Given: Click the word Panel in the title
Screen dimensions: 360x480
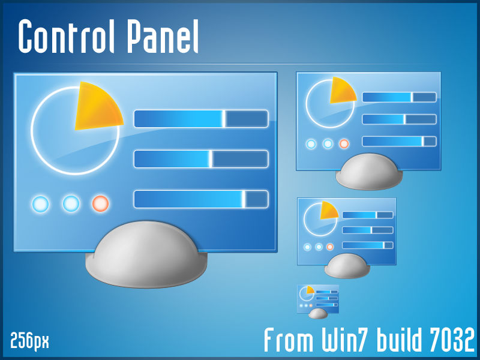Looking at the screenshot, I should tap(162, 37).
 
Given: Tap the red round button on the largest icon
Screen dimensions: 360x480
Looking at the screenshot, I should tap(100, 204).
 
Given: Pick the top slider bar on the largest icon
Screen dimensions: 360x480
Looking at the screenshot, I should tap(200, 119).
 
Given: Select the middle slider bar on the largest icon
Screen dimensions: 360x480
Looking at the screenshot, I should tap(200, 159).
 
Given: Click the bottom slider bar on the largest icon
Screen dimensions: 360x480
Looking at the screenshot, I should tap(200, 199).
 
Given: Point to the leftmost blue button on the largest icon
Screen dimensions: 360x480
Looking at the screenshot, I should tap(40, 204).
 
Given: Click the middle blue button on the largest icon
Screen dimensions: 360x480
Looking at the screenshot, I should tap(71, 204).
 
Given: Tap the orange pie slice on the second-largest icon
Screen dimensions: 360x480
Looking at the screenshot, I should tap(341, 89).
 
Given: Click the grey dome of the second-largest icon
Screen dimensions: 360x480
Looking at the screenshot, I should tap(368, 172).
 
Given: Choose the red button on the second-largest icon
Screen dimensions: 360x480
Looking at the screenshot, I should tap(344, 144).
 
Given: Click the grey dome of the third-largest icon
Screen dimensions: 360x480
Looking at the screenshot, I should tap(347, 265).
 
